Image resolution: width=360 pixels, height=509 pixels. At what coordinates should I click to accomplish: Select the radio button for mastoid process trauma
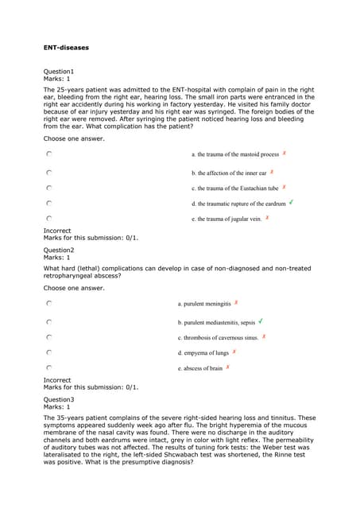[x=49, y=154]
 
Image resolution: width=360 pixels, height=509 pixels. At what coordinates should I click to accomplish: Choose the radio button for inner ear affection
[x=49, y=172]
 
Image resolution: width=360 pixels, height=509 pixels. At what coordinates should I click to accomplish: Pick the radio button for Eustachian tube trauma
[x=49, y=188]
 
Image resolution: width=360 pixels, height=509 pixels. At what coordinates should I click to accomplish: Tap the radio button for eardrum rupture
[x=49, y=203]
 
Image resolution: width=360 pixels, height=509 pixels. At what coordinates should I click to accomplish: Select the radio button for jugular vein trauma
[x=49, y=218]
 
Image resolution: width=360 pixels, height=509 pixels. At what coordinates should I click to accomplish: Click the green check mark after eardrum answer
[x=292, y=202]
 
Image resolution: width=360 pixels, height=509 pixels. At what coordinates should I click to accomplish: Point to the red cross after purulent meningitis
[x=237, y=303]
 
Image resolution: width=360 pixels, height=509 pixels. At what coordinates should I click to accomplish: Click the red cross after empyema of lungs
[x=234, y=352]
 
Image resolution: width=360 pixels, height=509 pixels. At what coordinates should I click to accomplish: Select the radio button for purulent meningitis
[x=49, y=303]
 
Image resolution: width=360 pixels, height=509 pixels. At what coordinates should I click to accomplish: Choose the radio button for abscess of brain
[x=49, y=368]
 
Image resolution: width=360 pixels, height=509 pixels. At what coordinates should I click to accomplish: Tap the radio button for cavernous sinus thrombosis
[x=49, y=337]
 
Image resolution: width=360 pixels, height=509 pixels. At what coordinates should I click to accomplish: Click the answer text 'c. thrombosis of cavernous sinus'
[x=218, y=338]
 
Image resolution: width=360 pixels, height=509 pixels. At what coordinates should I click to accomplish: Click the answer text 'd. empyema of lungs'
[x=203, y=353]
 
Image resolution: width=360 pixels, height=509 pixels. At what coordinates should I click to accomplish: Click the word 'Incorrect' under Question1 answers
[x=57, y=231]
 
